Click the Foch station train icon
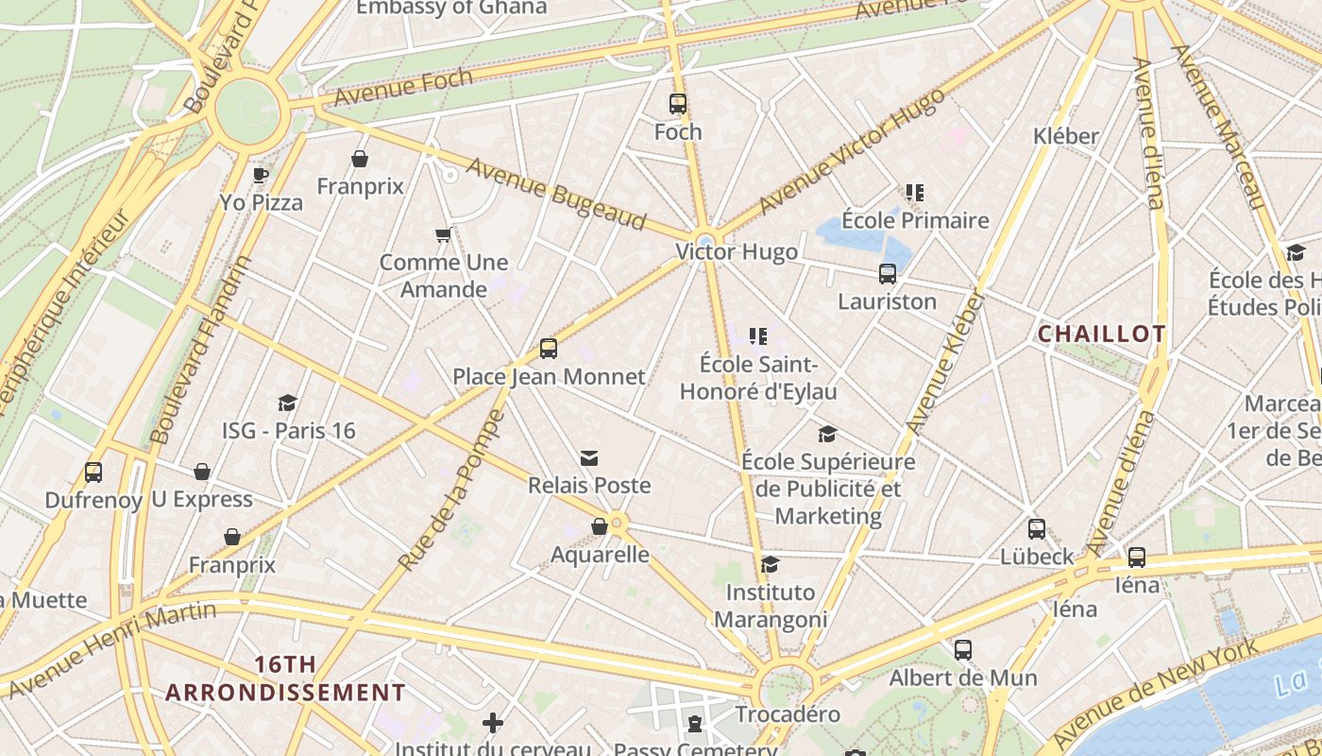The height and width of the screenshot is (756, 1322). pyautogui.click(x=678, y=104)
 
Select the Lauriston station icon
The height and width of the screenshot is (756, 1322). pyautogui.click(x=888, y=274)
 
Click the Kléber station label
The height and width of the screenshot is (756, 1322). pyautogui.click(x=1066, y=136)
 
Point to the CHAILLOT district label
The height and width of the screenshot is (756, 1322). pyautogui.click(x=1102, y=334)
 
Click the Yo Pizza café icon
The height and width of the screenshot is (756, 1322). pyautogui.click(x=261, y=175)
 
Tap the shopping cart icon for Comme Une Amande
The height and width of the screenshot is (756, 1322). pyautogui.click(x=443, y=234)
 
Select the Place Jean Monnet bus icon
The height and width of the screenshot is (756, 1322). pyautogui.click(x=549, y=349)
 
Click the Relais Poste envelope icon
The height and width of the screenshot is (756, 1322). pyautogui.click(x=589, y=458)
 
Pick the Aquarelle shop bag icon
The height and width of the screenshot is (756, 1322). pyautogui.click(x=600, y=526)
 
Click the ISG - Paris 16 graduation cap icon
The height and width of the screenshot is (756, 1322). pyautogui.click(x=288, y=404)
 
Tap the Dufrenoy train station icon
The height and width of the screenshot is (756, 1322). pyautogui.click(x=93, y=472)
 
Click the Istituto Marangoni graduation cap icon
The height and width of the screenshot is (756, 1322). pyautogui.click(x=771, y=565)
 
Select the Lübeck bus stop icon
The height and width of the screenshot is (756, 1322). pyautogui.click(x=1037, y=529)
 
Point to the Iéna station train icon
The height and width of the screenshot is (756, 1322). pyautogui.click(x=1137, y=558)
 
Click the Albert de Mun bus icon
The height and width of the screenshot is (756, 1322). pyautogui.click(x=963, y=650)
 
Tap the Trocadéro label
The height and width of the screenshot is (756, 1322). pyautogui.click(x=788, y=714)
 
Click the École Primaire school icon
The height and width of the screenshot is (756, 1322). pyautogui.click(x=914, y=193)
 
